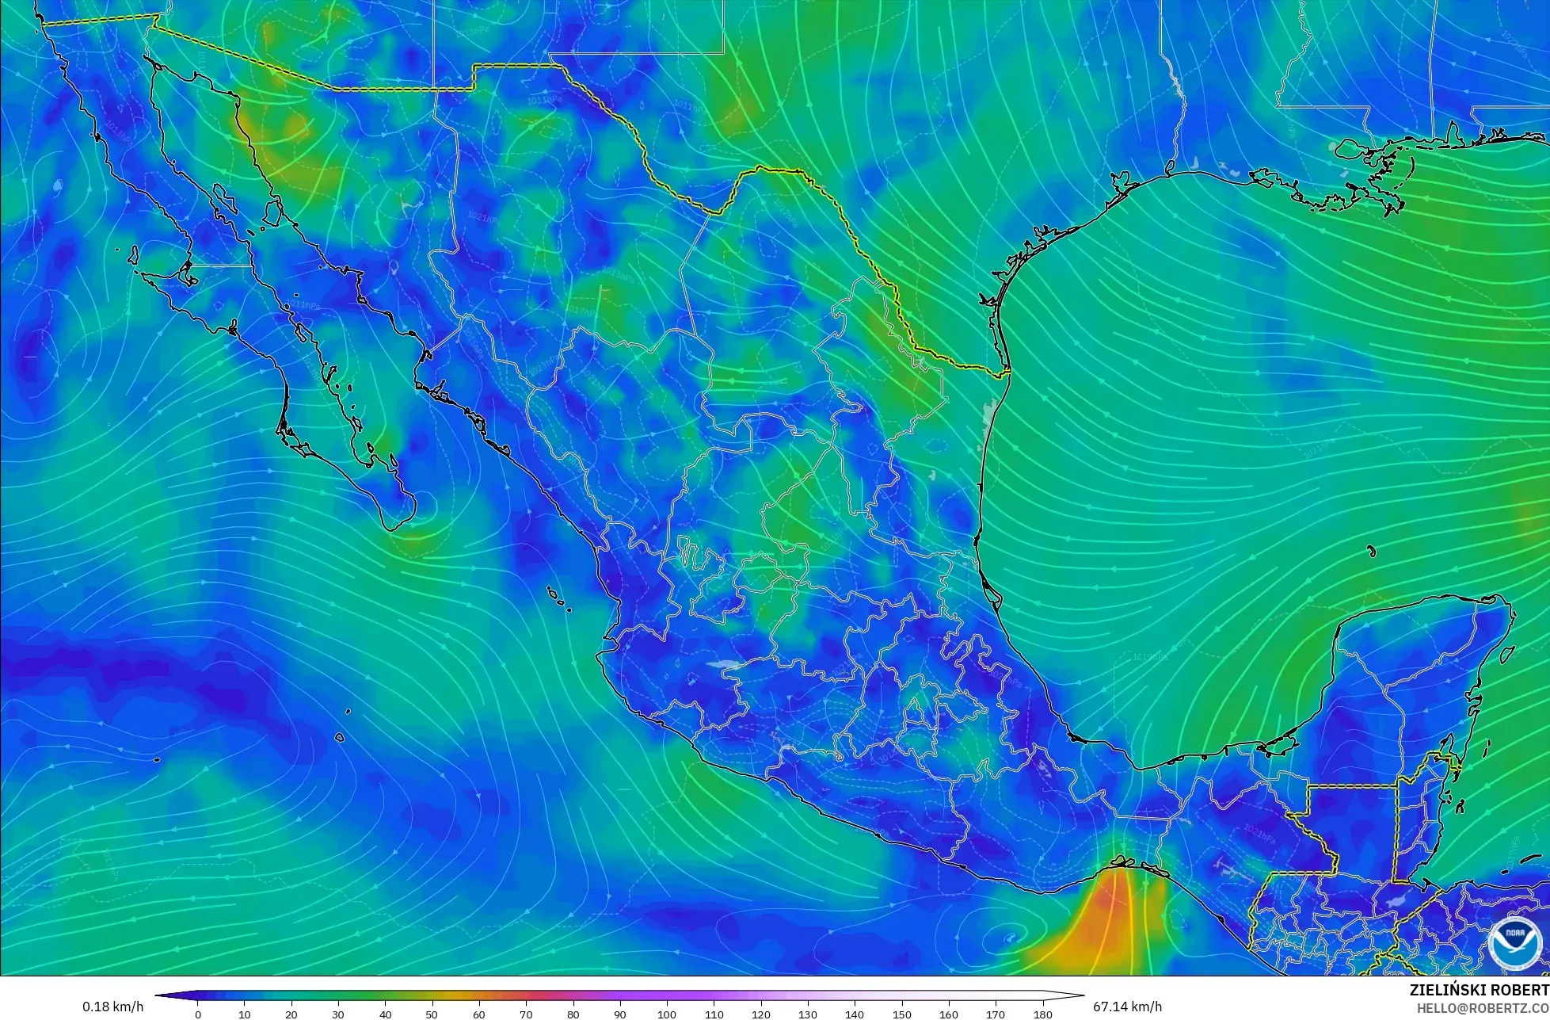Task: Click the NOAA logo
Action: pos(1514,943)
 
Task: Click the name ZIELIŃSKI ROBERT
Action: pos(1479,990)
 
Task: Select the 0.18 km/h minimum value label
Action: pos(112,1007)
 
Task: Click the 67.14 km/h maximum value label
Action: pos(1127,1007)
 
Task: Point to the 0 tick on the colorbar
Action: pos(197,1014)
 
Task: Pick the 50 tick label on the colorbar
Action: pos(432,1014)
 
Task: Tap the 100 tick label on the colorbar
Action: pos(667,1014)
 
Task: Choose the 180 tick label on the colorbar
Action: pos(1042,1014)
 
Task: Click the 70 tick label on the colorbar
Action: pos(526,1014)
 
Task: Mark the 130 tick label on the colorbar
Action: pos(808,1014)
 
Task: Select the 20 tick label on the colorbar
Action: pos(291,1014)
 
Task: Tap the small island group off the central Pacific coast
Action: pos(558,598)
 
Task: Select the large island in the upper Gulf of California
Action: pos(273,212)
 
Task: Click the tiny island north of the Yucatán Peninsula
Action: pos(1371,552)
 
